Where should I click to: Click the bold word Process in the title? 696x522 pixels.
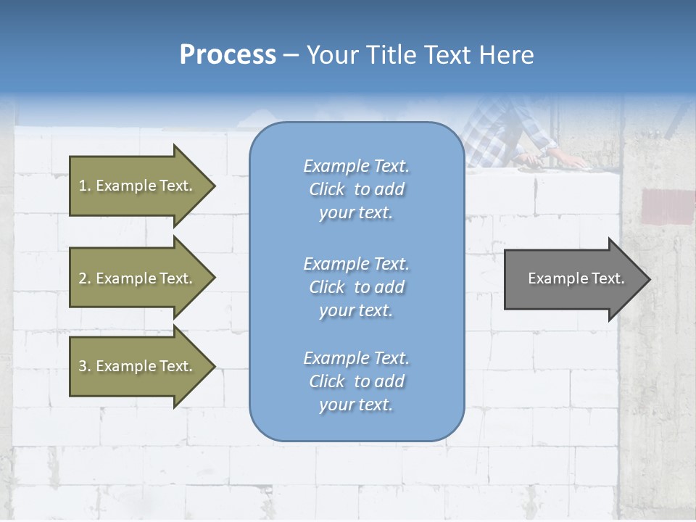click(228, 55)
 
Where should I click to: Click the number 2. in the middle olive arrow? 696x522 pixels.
click(85, 278)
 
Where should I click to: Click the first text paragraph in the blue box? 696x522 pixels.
click(356, 189)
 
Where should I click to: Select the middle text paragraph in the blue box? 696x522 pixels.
click(356, 287)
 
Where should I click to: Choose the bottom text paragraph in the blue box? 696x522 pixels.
click(356, 381)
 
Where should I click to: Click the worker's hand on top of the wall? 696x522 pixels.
click(565, 158)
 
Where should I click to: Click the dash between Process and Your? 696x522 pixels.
click(291, 55)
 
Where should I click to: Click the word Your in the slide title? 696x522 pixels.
click(332, 55)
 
